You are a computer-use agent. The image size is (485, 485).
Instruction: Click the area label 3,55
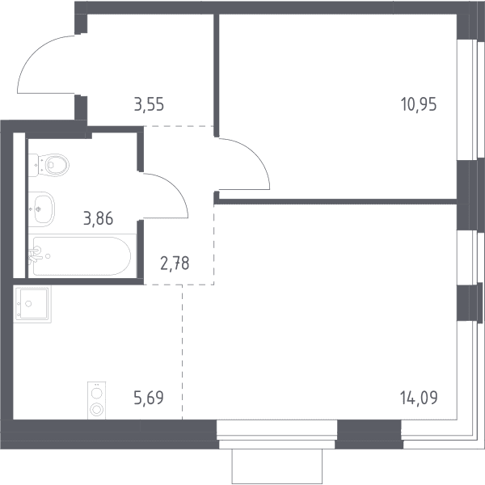tap(149, 104)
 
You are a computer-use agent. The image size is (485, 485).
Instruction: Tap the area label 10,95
tap(419, 104)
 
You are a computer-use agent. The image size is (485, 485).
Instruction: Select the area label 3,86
tap(99, 218)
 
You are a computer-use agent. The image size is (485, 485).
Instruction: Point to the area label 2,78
tap(175, 264)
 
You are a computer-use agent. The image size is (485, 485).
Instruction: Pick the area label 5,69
tap(149, 398)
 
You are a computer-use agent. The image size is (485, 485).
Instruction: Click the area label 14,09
tap(419, 398)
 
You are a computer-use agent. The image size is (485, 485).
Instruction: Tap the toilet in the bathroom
tap(48, 165)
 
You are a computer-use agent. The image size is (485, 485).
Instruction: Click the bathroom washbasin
tap(41, 209)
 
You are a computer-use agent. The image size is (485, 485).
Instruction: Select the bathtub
tap(82, 256)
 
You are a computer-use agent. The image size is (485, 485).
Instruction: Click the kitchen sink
tap(32, 304)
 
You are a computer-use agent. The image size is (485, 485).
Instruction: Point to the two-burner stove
tap(96, 401)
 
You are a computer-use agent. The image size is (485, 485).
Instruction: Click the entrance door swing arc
tap(34, 53)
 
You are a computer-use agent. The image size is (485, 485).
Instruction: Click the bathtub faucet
tap(36, 255)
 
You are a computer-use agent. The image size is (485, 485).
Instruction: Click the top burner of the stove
tap(96, 394)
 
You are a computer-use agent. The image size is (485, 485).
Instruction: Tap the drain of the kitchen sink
tap(28, 304)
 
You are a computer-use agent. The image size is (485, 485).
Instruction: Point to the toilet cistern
tap(33, 165)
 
